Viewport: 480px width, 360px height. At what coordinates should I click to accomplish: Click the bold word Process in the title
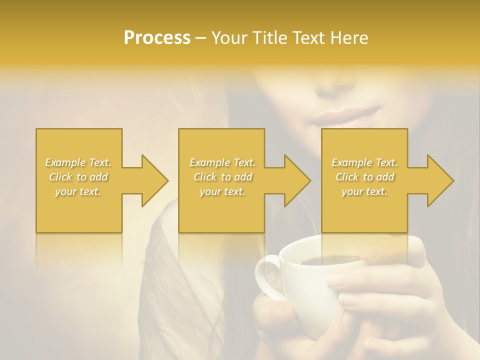(x=157, y=38)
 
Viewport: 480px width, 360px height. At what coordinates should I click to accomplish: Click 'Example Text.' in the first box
(x=78, y=162)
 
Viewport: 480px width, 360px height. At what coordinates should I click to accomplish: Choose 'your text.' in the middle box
(x=222, y=191)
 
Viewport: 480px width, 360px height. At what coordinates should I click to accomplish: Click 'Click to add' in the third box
(x=364, y=177)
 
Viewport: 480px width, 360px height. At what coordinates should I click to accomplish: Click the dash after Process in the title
(x=201, y=38)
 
